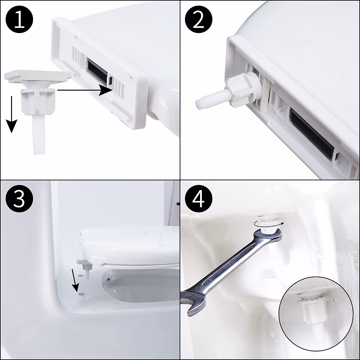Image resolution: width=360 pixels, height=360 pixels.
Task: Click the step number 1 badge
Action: [x=19, y=19]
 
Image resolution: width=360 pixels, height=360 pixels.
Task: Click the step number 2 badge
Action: [x=199, y=19]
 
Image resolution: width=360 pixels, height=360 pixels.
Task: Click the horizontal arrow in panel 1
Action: [x=85, y=90]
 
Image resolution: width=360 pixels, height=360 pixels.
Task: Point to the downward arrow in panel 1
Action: [x=12, y=114]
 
